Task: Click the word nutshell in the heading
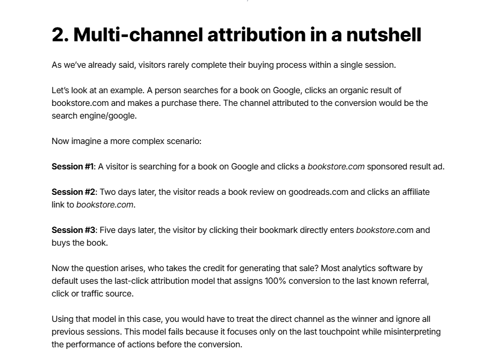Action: (x=384, y=34)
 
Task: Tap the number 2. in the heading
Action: (x=60, y=34)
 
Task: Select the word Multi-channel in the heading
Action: (x=138, y=34)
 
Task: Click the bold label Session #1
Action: (x=72, y=167)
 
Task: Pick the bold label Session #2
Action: (x=74, y=192)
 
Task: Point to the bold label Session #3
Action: (x=74, y=230)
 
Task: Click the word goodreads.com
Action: (x=318, y=192)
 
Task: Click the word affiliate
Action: (x=416, y=192)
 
